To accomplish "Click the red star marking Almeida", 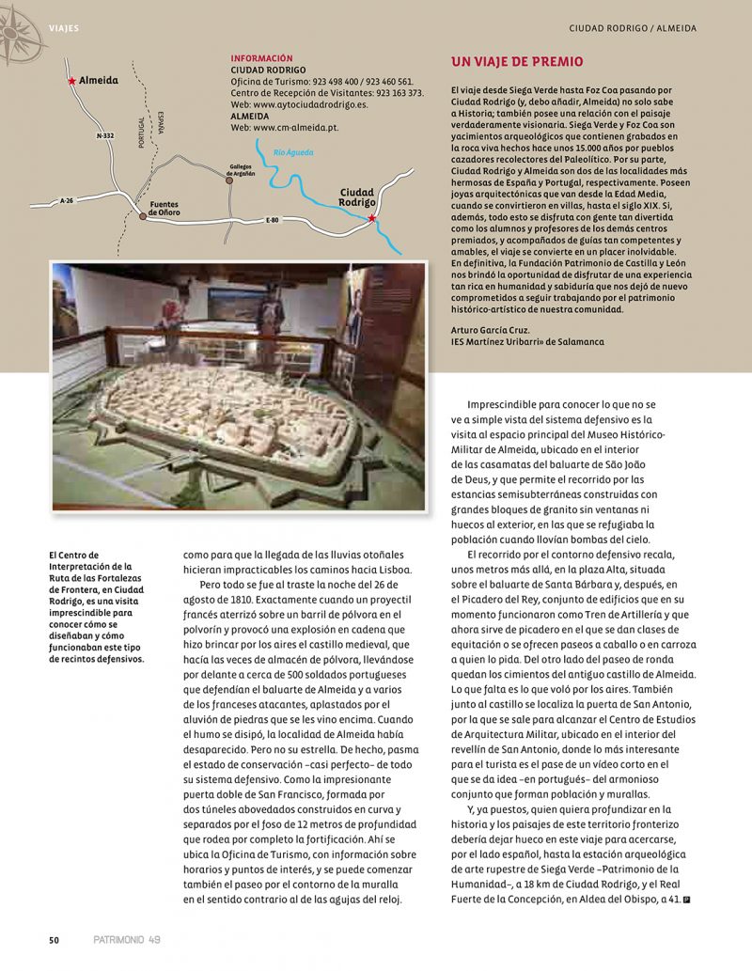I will [x=72, y=82].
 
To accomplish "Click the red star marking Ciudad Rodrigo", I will [x=372, y=218].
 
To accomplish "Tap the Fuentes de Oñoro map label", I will [x=164, y=208].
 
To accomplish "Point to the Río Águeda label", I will [x=293, y=152].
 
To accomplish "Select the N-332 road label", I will [x=105, y=136].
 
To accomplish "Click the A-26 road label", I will [x=66, y=200].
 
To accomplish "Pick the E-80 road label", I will [x=273, y=220].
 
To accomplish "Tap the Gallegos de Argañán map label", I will [x=241, y=168].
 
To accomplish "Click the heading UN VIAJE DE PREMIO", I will [x=517, y=62].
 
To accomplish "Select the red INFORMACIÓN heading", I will [x=261, y=58].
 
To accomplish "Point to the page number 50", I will [x=55, y=939].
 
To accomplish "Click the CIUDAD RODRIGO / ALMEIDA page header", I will [x=633, y=28].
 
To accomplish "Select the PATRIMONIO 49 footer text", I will [x=128, y=939].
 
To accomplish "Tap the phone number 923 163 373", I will [x=392, y=93].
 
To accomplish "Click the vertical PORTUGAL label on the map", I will [x=142, y=135].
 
